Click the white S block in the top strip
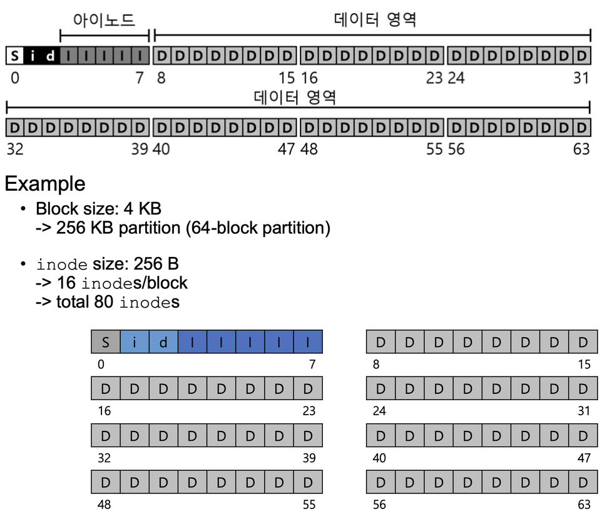15,56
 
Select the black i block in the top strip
33,56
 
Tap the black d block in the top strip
51,56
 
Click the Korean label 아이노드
104,20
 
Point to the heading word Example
45,184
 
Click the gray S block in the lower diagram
106,342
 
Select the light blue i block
135,342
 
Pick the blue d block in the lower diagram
163,342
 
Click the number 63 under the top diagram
581,149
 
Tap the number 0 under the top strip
15,78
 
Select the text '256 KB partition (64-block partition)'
193,228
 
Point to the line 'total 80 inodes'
118,303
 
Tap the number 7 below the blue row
312,364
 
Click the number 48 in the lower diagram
105,505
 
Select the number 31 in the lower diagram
583,411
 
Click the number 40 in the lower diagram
379,458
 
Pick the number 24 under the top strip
456,78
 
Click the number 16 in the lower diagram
104,411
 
